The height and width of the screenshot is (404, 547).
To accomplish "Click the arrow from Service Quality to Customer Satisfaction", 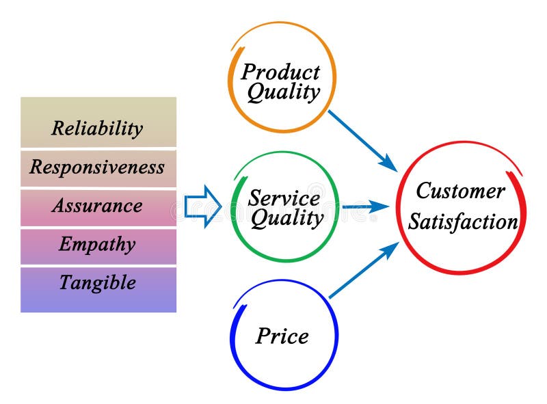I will pyautogui.click(x=366, y=206).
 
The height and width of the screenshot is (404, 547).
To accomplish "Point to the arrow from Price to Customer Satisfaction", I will pyautogui.click(x=362, y=271).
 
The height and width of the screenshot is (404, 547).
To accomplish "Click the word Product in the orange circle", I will pyautogui.click(x=280, y=71).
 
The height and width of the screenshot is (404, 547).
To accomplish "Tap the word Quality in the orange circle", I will pyautogui.click(x=283, y=92).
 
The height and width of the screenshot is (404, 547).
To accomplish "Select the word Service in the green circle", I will pyautogui.click(x=284, y=198).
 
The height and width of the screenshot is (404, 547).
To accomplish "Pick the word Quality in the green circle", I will pyautogui.click(x=286, y=219).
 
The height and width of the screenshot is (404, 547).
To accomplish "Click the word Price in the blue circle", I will pyautogui.click(x=282, y=336).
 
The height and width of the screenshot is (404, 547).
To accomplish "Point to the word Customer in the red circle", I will pyautogui.click(x=460, y=191).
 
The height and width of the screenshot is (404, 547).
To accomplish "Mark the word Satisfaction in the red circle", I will pyautogui.click(x=463, y=222).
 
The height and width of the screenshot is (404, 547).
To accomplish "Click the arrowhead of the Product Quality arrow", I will pyautogui.click(x=390, y=165).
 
